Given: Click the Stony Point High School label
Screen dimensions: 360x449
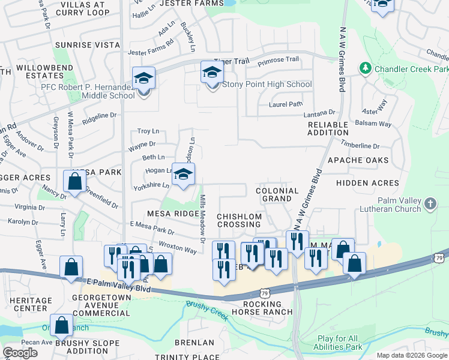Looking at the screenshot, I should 267,84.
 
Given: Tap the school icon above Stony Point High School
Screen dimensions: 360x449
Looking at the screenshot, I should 211,73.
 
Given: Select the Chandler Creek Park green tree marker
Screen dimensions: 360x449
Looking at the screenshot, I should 365,69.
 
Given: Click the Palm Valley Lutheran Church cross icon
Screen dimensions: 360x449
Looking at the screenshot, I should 430,205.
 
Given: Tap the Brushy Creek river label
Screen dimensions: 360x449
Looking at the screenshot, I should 207,310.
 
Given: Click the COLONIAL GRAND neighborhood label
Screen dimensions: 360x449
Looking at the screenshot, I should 277,194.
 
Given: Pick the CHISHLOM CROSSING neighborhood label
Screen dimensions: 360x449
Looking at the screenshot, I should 239,220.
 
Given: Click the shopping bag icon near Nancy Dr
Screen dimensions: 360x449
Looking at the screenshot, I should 74,181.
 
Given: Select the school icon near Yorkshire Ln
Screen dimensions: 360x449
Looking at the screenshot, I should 184,175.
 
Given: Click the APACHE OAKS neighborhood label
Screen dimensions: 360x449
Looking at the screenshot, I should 358,160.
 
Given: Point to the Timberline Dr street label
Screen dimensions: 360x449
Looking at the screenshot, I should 360,146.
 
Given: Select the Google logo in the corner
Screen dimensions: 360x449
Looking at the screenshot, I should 20,353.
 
